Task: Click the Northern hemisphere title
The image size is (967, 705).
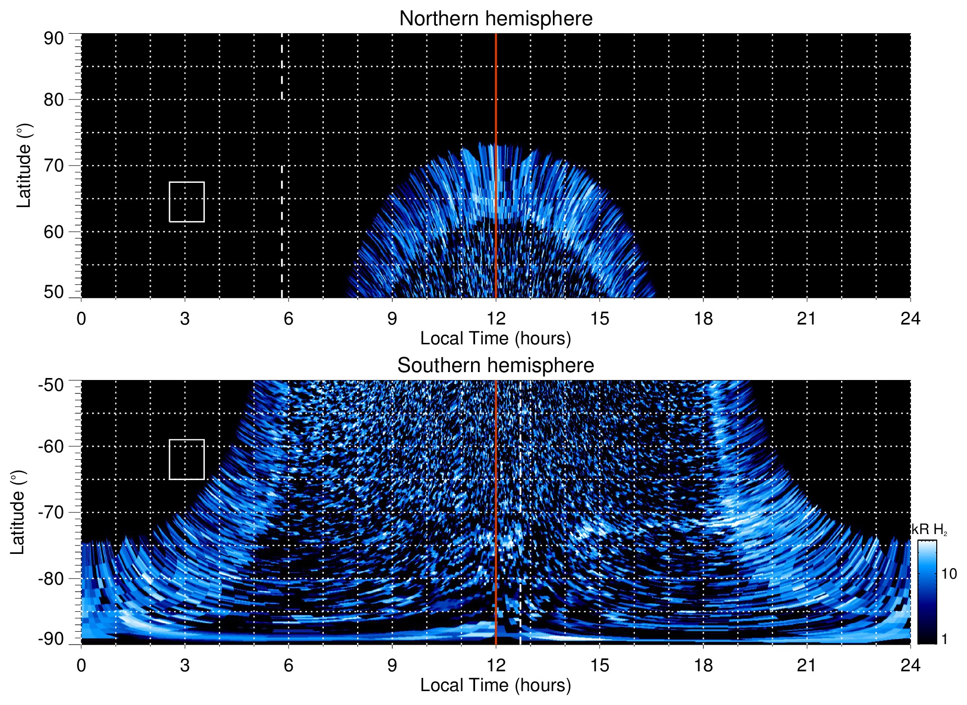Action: (x=495, y=19)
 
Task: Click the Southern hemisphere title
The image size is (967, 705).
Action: (x=495, y=366)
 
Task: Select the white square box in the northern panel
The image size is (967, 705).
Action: (x=187, y=202)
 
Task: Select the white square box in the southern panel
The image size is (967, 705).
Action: (x=187, y=460)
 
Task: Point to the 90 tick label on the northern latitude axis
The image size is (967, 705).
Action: (x=54, y=39)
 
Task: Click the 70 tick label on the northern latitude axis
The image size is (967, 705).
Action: (x=54, y=165)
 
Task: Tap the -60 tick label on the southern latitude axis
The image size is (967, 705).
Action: (x=52, y=446)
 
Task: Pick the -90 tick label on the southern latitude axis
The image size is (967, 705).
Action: (x=52, y=639)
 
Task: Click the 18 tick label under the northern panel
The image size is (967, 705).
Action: (x=703, y=319)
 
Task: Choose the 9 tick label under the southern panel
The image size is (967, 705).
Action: (x=392, y=665)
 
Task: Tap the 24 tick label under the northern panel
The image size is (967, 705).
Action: (x=910, y=319)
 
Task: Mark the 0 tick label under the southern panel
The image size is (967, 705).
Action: (x=81, y=665)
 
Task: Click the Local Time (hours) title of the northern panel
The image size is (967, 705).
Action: (x=495, y=339)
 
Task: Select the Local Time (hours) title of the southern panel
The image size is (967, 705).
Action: (x=495, y=686)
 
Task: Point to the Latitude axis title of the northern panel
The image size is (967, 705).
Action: (x=24, y=165)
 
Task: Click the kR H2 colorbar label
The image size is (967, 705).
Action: (x=930, y=530)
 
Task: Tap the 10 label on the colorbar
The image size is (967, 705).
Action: (x=949, y=574)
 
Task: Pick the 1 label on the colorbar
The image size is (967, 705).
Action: (x=944, y=639)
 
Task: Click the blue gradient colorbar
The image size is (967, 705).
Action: (x=926, y=592)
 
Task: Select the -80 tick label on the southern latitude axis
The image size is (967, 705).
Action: (x=52, y=579)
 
